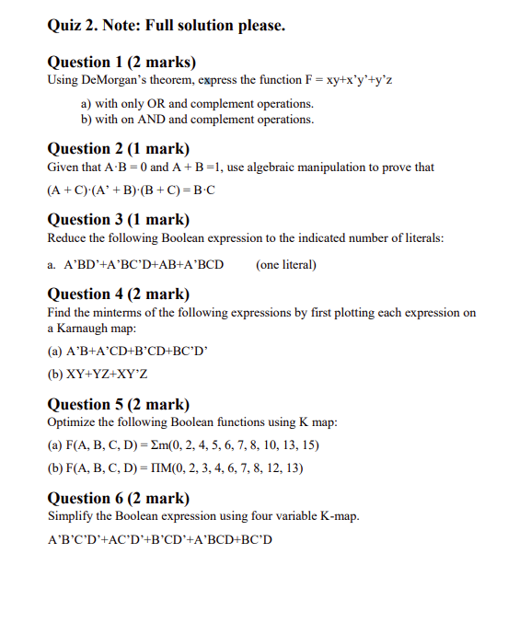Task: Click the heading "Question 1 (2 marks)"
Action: click(121, 63)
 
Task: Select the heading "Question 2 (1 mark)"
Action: click(118, 149)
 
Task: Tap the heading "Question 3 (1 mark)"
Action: click(118, 219)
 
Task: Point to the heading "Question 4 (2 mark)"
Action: click(118, 294)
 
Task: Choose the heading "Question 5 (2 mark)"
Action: click(118, 404)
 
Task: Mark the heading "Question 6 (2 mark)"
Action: click(118, 498)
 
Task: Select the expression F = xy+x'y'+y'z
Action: click(341, 80)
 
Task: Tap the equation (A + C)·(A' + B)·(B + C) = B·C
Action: click(131, 191)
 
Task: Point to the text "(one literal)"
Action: click(286, 265)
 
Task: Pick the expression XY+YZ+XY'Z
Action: click(97, 375)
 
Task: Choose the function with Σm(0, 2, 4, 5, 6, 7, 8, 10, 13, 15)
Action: click(183, 445)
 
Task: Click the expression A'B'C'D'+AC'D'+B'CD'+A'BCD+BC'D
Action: click(159, 538)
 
